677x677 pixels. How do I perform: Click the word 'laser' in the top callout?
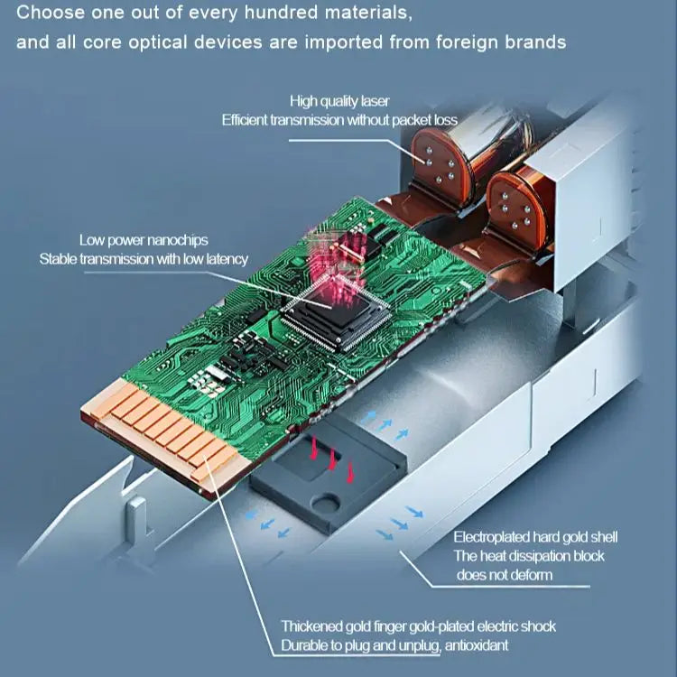click(376, 101)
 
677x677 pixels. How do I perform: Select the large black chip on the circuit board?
click(334, 312)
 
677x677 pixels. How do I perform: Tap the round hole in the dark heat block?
click(326, 503)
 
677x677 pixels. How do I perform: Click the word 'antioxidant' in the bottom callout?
click(477, 645)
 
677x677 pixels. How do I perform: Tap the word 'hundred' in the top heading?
click(281, 13)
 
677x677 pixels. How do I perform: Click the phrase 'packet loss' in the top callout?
click(424, 120)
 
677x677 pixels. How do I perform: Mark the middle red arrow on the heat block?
click(332, 459)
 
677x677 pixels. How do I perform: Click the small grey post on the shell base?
click(138, 516)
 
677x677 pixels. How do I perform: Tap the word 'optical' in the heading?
click(163, 42)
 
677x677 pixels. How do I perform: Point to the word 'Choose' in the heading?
click(50, 13)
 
